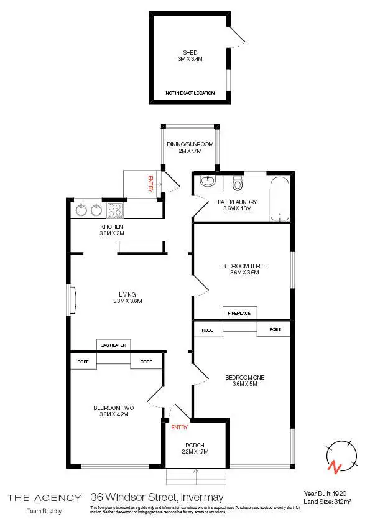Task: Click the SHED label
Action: (x=190, y=53)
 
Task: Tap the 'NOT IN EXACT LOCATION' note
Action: (x=190, y=93)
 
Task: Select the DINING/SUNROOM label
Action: (x=190, y=144)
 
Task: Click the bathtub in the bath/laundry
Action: (x=280, y=199)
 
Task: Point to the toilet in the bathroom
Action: (x=236, y=184)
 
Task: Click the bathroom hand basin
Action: (x=208, y=182)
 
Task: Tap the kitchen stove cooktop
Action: (x=116, y=210)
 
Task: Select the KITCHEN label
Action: (x=112, y=227)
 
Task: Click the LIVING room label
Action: (x=127, y=295)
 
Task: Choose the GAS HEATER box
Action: (x=113, y=345)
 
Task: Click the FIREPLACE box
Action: (x=239, y=313)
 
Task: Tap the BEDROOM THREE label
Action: (x=239, y=266)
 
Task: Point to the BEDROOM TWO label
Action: (x=113, y=408)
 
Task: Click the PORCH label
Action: (x=195, y=445)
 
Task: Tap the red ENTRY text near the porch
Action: (x=179, y=428)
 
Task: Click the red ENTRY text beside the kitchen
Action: (x=150, y=185)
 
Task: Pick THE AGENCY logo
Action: (x=44, y=497)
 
